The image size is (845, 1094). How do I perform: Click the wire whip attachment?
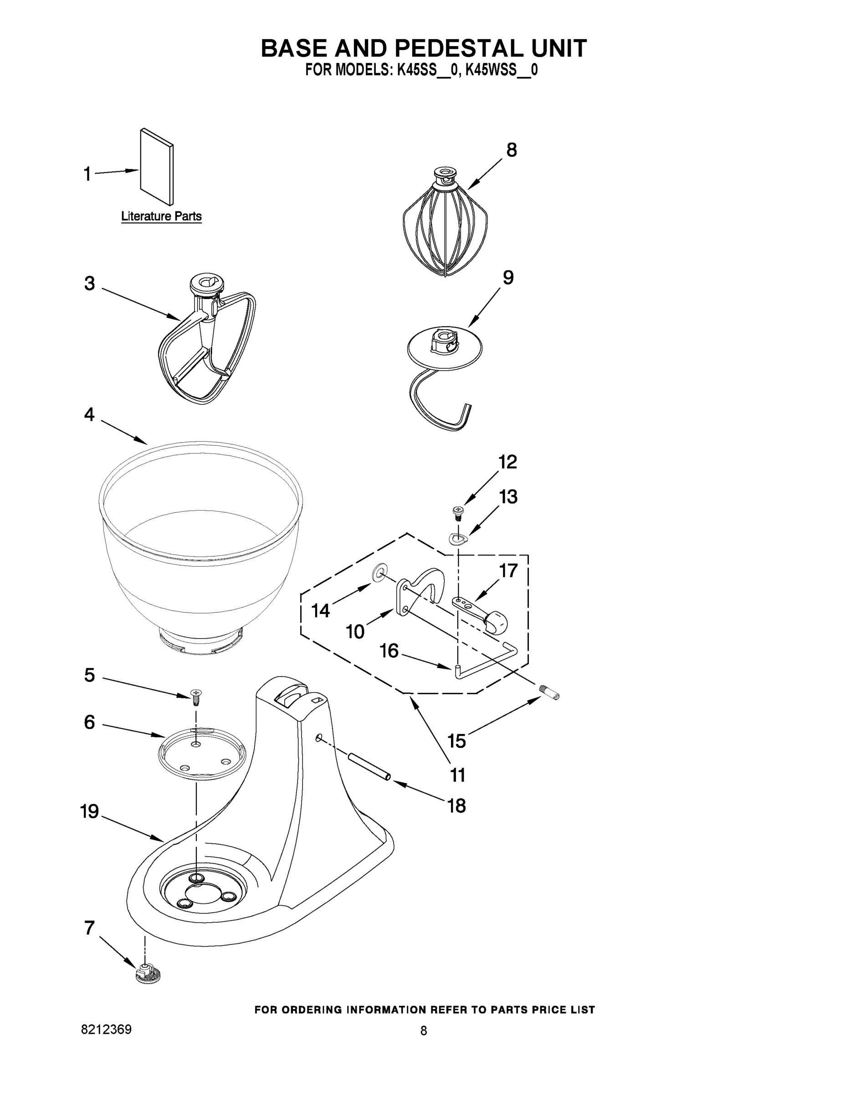click(x=445, y=226)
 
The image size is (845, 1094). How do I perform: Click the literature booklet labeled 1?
click(x=157, y=167)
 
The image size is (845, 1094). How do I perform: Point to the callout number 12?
click(x=507, y=462)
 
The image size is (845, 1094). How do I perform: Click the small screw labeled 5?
click(x=196, y=696)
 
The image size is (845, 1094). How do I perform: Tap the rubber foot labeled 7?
click(x=149, y=973)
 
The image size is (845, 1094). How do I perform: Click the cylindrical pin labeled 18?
click(x=369, y=767)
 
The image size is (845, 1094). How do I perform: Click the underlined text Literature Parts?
click(x=161, y=217)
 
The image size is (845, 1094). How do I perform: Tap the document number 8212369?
click(x=106, y=1029)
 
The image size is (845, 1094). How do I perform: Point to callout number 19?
click(x=90, y=811)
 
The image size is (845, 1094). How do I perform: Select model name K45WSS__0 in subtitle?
click(x=502, y=70)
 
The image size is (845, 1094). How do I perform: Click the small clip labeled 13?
click(x=457, y=538)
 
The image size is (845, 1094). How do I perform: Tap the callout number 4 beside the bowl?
click(x=89, y=414)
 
